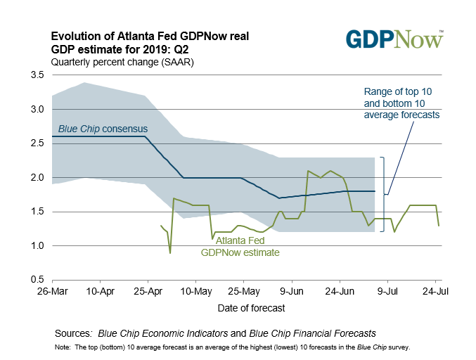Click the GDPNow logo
(395, 39)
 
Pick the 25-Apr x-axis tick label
(145, 290)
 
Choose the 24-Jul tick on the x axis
(435, 290)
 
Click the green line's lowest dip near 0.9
(170, 253)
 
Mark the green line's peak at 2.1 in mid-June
(308, 171)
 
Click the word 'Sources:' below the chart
(73, 333)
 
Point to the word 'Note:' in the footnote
(62, 347)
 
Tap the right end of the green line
(439, 225)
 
